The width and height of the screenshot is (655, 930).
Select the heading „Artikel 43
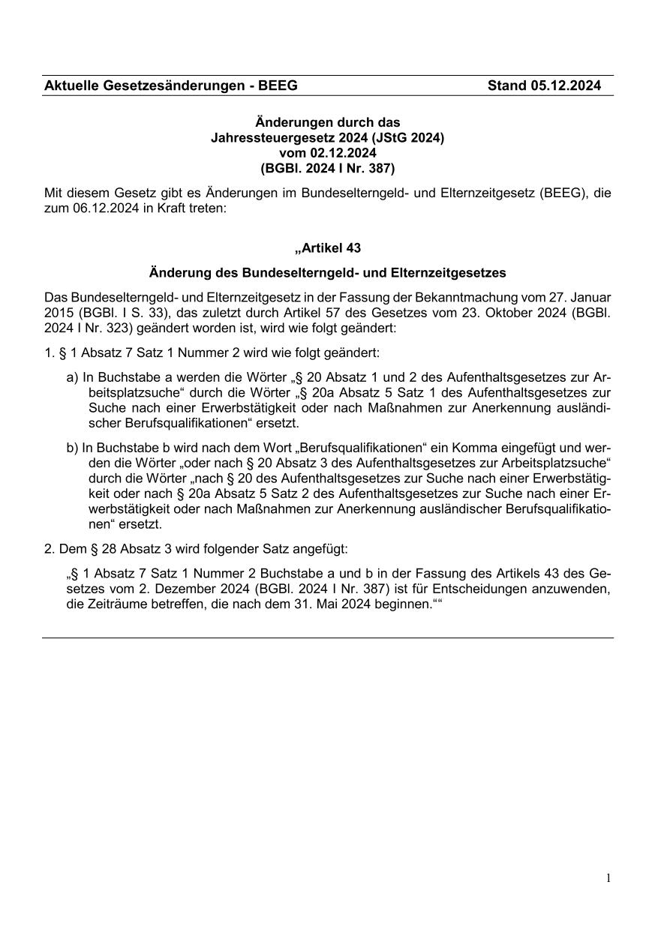(328, 247)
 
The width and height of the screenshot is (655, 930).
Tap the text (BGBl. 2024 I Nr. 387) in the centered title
(328, 168)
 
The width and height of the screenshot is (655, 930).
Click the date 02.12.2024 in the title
(328, 153)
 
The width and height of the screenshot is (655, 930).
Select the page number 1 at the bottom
(608, 878)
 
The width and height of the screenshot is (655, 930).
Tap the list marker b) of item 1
(73, 448)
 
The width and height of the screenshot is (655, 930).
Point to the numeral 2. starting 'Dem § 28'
(50, 549)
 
